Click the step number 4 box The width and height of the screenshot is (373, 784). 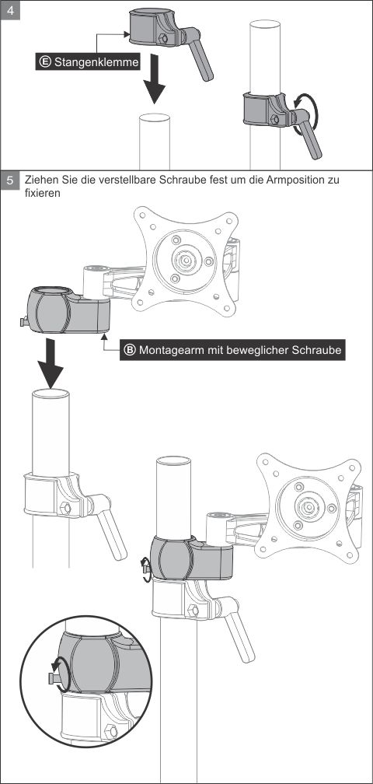click(10, 11)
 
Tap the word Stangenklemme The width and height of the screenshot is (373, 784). click(96, 62)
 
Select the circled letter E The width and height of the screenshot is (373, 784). click(45, 62)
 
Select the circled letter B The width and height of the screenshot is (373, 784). click(129, 350)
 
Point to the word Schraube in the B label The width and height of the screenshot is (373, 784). click(319, 350)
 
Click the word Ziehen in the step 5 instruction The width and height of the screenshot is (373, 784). click(41, 180)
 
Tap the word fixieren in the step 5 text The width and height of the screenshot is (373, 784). click(43, 193)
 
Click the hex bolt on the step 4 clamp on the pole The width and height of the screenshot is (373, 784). click(274, 120)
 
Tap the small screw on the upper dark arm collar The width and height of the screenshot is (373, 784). click(23, 322)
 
